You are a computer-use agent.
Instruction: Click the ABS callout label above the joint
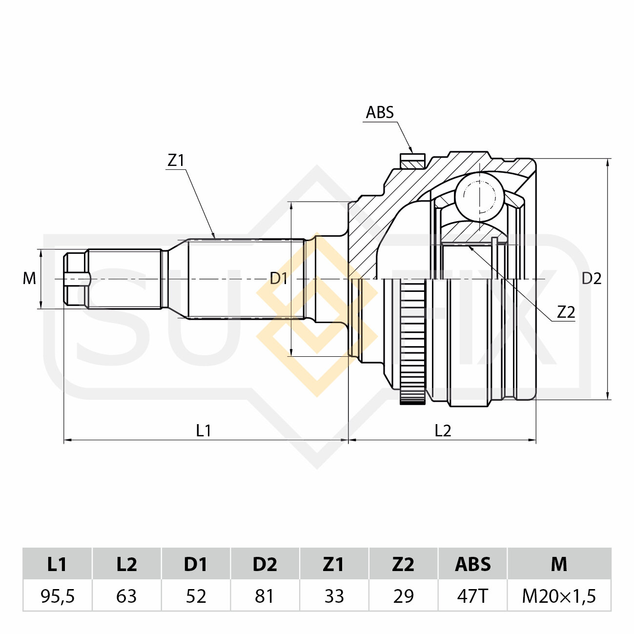[x=379, y=112]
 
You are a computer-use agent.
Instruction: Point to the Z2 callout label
[x=566, y=312]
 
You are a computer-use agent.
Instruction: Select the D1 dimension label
[x=279, y=279]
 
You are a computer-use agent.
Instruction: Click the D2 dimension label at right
[x=591, y=279]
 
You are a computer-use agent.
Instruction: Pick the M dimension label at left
[x=29, y=279]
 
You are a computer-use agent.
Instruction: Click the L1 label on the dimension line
[x=203, y=430]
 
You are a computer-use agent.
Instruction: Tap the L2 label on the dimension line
[x=443, y=430]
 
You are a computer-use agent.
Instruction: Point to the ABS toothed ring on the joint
[x=412, y=342]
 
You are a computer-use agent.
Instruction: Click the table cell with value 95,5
[x=58, y=596]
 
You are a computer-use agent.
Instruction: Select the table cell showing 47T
[x=472, y=596]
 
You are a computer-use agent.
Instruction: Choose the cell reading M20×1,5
[x=559, y=596]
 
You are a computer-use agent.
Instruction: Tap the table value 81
[x=265, y=596]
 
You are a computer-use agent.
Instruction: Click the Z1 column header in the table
[x=334, y=564]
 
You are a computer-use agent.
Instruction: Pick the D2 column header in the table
[x=265, y=564]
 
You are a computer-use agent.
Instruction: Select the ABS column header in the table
[x=472, y=564]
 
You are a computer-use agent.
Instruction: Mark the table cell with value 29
[x=403, y=596]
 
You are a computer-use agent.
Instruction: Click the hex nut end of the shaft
[x=76, y=279]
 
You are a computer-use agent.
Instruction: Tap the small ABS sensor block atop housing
[x=412, y=161]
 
